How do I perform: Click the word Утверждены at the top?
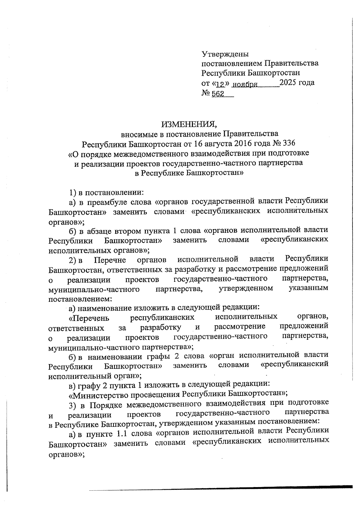point(225,54)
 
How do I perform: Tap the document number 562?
point(218,94)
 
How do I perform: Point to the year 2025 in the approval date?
point(288,82)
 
